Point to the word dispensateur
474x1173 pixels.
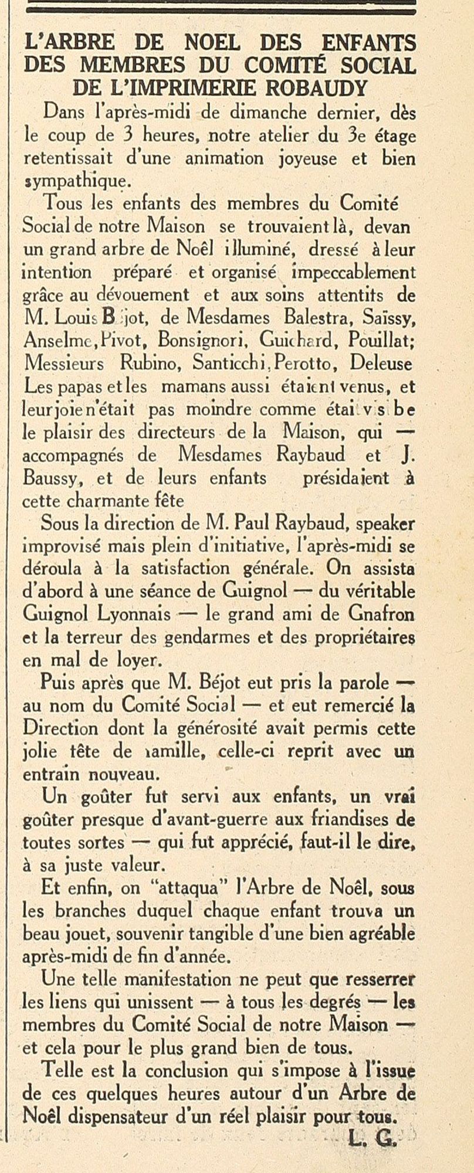(x=128, y=1116)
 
